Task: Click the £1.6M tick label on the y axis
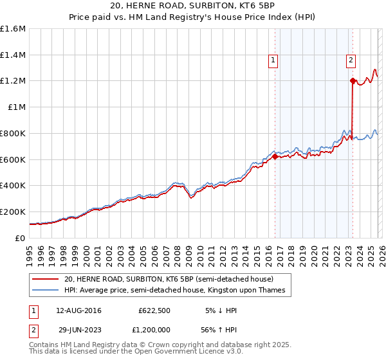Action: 14,29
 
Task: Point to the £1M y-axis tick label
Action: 16,107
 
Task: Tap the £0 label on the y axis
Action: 21,238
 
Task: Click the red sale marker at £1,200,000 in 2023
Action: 353,80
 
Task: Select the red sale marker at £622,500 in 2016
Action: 275,156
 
